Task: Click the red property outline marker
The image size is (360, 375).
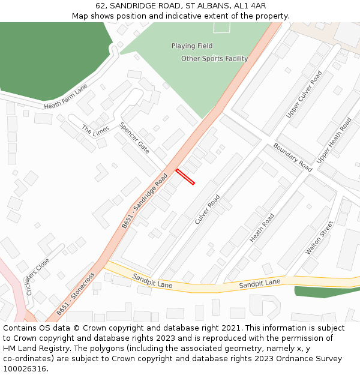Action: (x=185, y=177)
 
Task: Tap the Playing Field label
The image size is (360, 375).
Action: (x=191, y=46)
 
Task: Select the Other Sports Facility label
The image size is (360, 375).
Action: (x=214, y=59)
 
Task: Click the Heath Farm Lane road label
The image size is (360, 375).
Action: (x=65, y=97)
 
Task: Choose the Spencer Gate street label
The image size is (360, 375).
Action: (x=134, y=138)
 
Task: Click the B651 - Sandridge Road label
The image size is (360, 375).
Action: (x=145, y=201)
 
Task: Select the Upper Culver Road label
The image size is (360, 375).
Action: (x=304, y=94)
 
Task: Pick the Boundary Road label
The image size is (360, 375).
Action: (x=293, y=157)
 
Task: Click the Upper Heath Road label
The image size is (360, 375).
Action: (x=334, y=140)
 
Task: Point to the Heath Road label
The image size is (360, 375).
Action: (x=262, y=228)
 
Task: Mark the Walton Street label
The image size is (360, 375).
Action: (x=319, y=237)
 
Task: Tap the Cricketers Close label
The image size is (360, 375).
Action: (x=38, y=277)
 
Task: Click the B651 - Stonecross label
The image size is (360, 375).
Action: (x=76, y=295)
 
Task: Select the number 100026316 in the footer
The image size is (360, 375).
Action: (x=25, y=368)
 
